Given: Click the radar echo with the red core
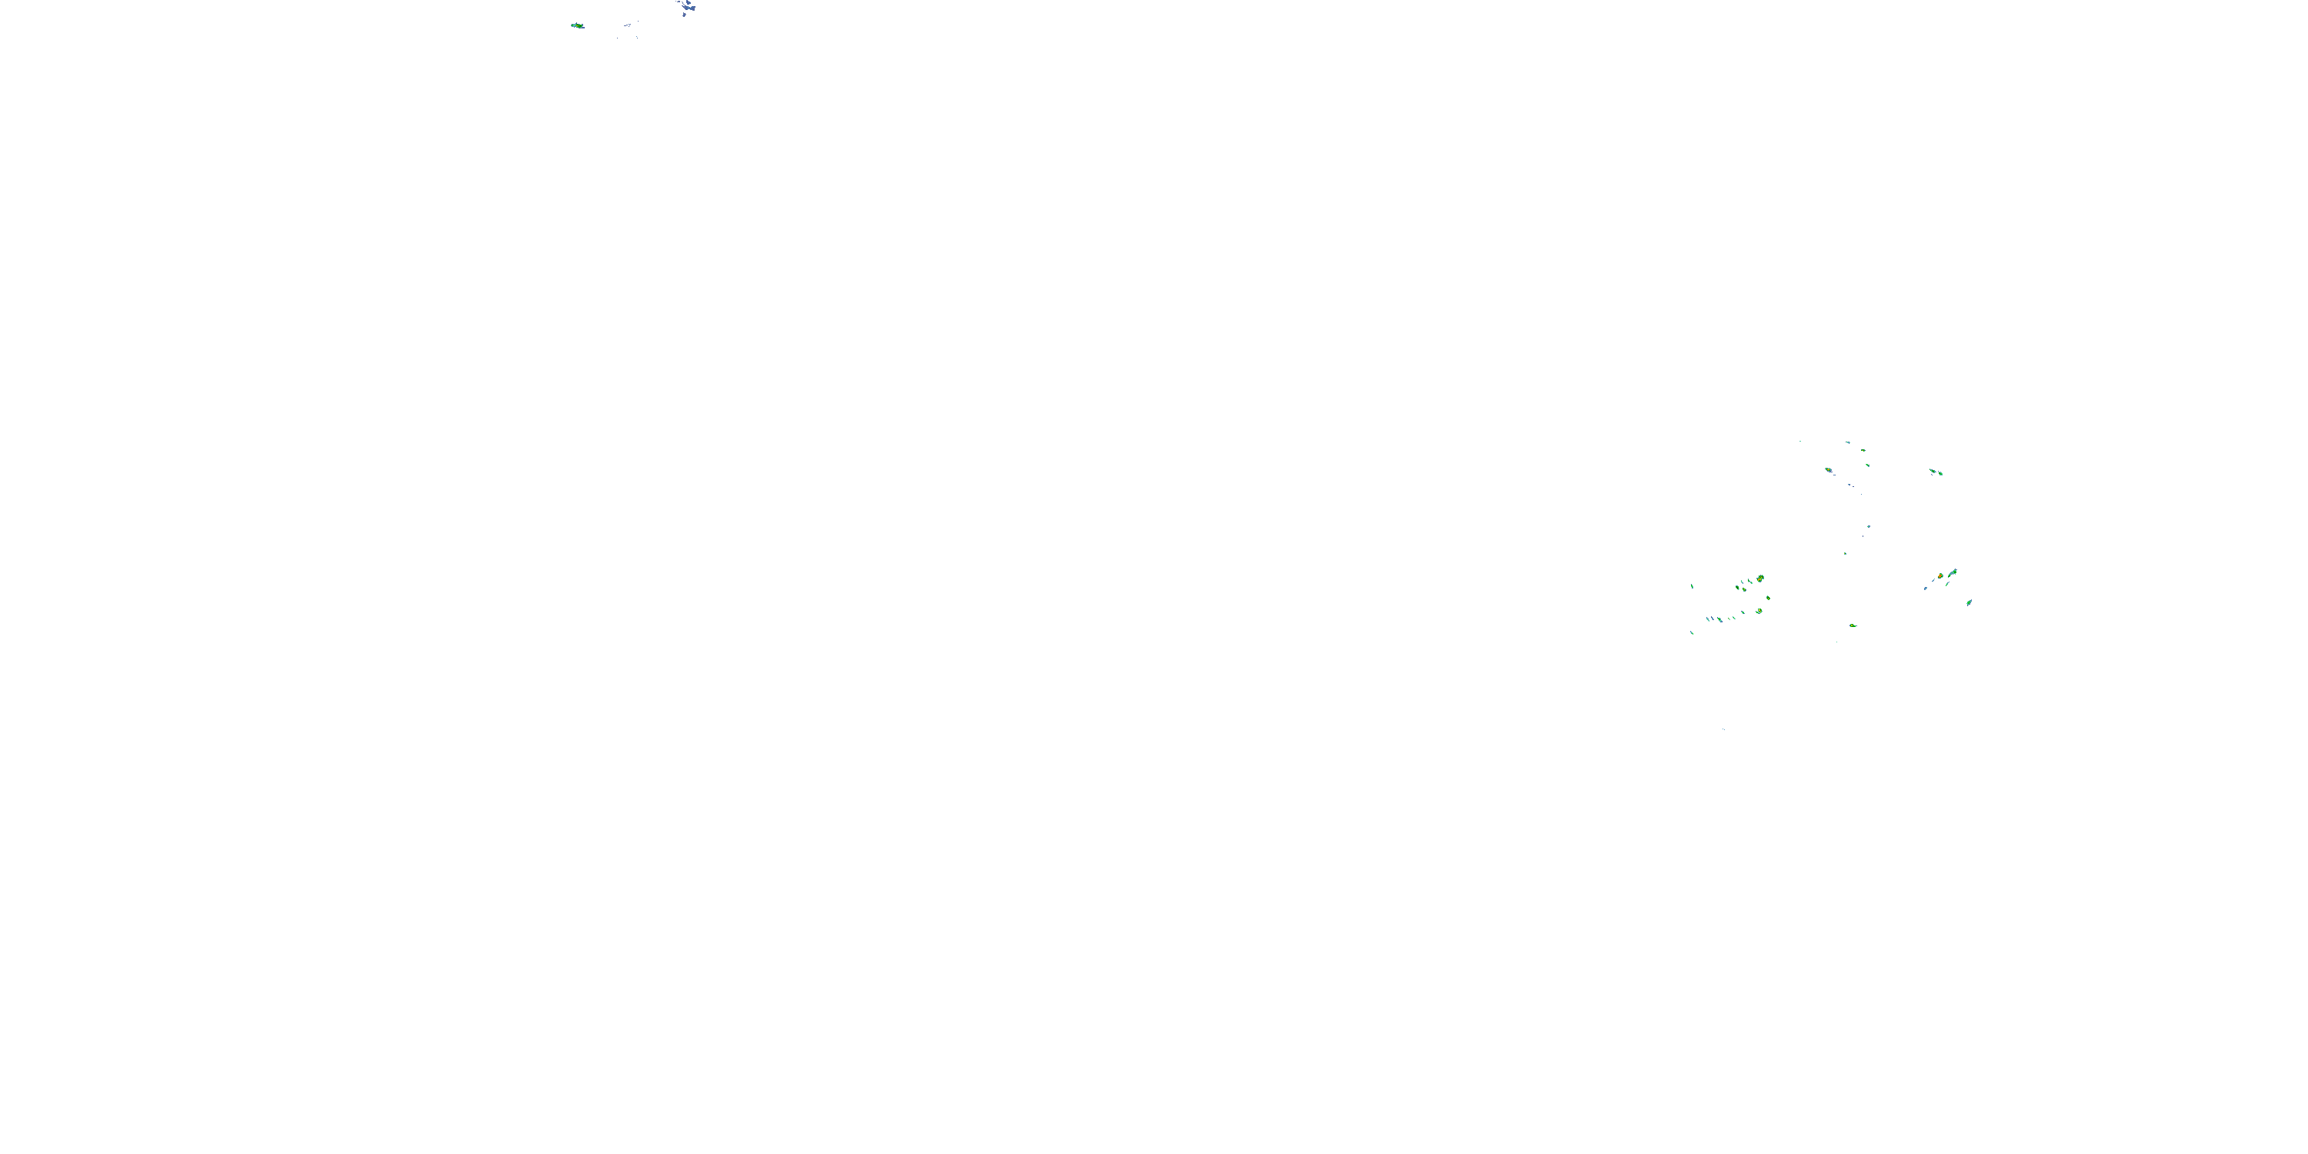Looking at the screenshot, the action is pyautogui.click(x=1941, y=576).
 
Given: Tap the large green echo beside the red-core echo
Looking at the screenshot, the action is pyautogui.click(x=1953, y=572).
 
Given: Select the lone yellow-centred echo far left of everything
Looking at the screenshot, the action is pyautogui.click(x=577, y=26).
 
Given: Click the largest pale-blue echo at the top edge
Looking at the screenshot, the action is pyautogui.click(x=690, y=8).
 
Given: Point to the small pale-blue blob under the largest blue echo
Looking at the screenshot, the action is pyautogui.click(x=685, y=15).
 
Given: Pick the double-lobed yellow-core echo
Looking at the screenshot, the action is pyautogui.click(x=1760, y=579).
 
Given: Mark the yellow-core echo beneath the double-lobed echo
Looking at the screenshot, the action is pyautogui.click(x=1759, y=611).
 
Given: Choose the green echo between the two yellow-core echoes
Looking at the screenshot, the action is pyautogui.click(x=1769, y=599).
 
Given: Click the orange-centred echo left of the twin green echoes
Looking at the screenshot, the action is pyautogui.click(x=1829, y=469).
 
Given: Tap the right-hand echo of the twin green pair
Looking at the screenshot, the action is pyautogui.click(x=1942, y=474).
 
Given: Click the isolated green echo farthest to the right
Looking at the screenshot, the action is pyautogui.click(x=1969, y=603).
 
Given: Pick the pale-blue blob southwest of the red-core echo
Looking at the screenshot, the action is pyautogui.click(x=1926, y=589).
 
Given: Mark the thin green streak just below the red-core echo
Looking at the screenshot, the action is pyautogui.click(x=1948, y=584).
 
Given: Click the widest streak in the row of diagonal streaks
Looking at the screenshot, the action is pyautogui.click(x=1720, y=620).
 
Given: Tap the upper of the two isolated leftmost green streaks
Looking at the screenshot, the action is pyautogui.click(x=1693, y=586).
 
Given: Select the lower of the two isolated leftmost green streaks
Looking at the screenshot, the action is pyautogui.click(x=1693, y=632).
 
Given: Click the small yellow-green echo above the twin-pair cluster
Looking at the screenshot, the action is pyautogui.click(x=1863, y=451).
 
